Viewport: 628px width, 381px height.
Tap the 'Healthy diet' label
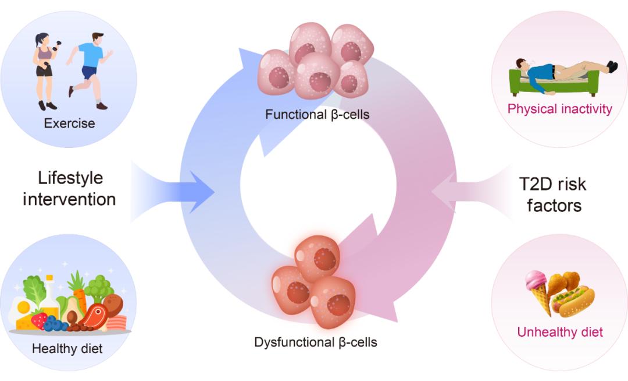click(67, 349)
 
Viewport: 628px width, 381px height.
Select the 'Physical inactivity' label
click(560, 109)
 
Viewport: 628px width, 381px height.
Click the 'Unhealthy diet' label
click(560, 333)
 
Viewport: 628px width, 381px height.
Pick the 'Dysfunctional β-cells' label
click(316, 342)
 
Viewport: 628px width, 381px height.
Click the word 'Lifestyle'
click(70, 178)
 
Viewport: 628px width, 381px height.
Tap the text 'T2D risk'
click(552, 185)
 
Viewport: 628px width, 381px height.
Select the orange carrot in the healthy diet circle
click(78, 288)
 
